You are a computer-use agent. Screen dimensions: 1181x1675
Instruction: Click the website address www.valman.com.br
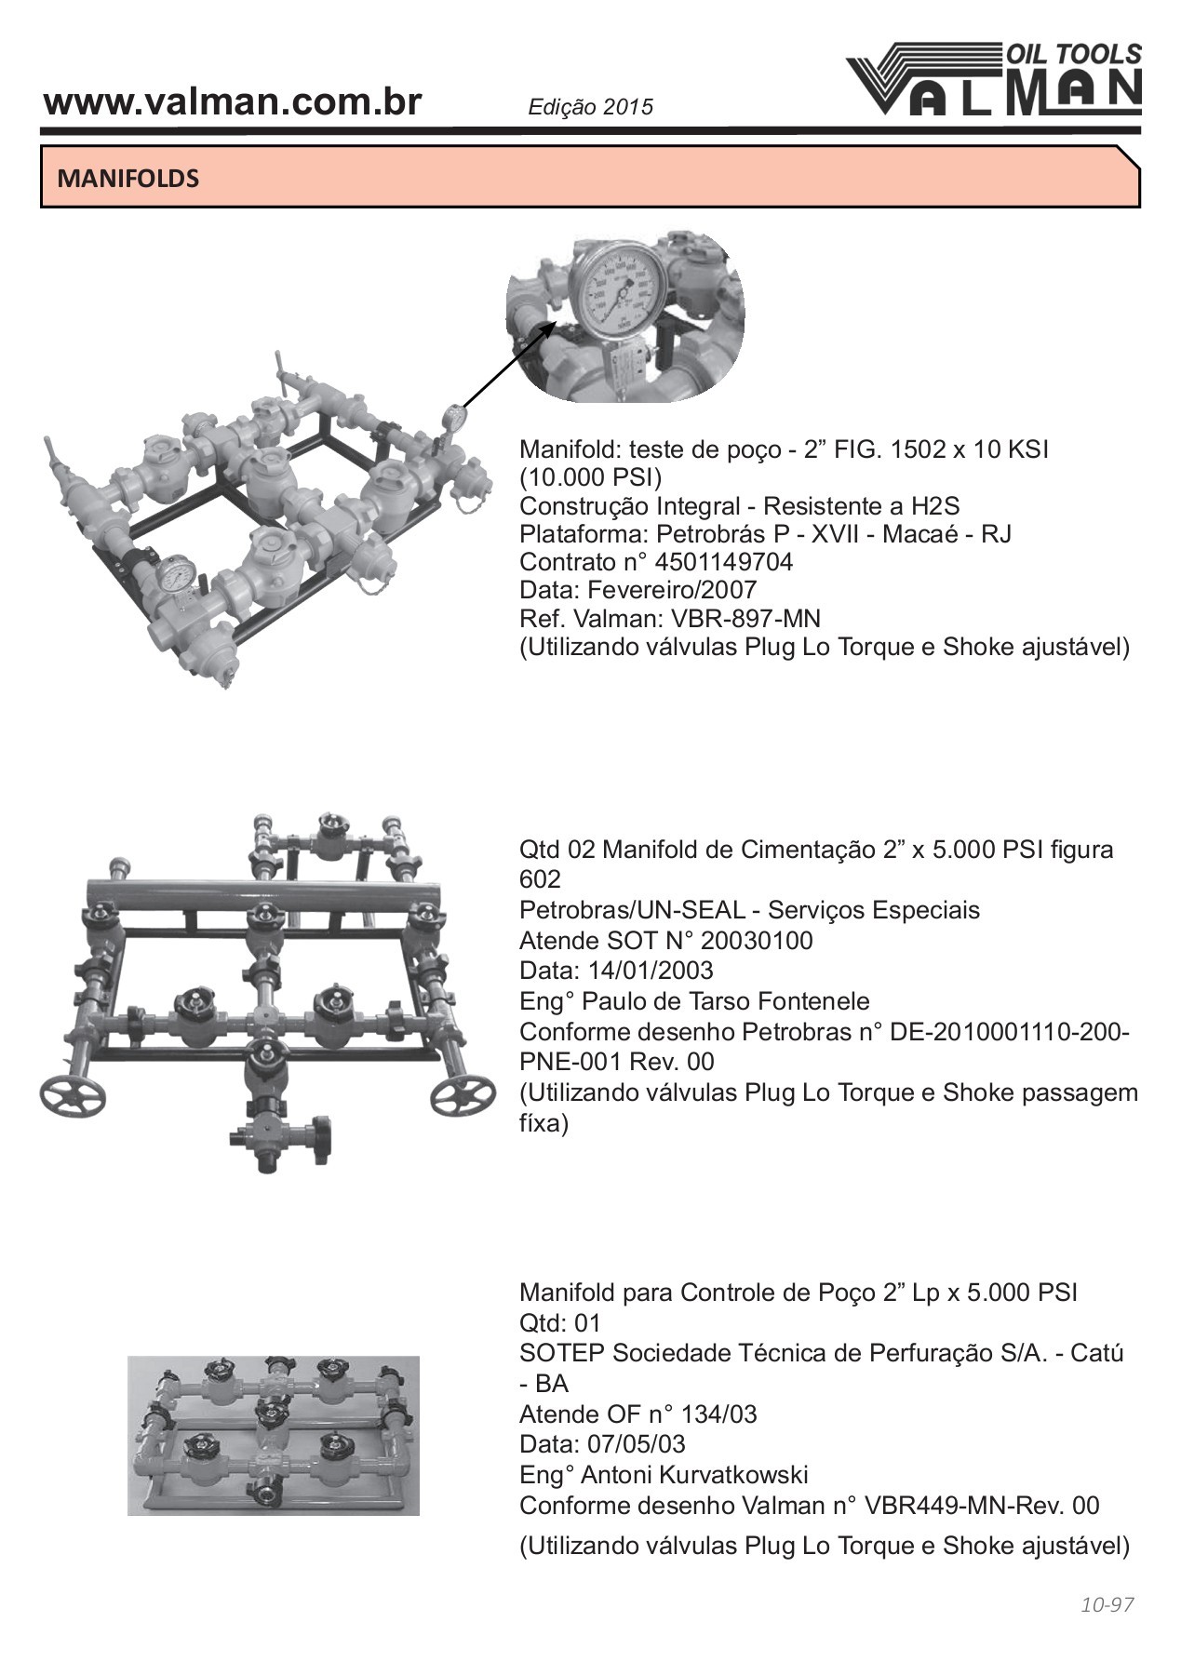coord(233,102)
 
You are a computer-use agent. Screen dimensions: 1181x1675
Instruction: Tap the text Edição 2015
coord(590,107)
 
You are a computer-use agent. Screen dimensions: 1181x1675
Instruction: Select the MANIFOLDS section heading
coord(128,178)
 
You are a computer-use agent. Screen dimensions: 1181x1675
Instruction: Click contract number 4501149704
coord(724,562)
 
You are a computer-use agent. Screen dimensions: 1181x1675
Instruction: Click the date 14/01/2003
coord(651,971)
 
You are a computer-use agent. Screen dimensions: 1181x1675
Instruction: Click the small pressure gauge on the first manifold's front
coord(176,575)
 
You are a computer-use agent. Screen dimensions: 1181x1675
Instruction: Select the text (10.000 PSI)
coord(590,478)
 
